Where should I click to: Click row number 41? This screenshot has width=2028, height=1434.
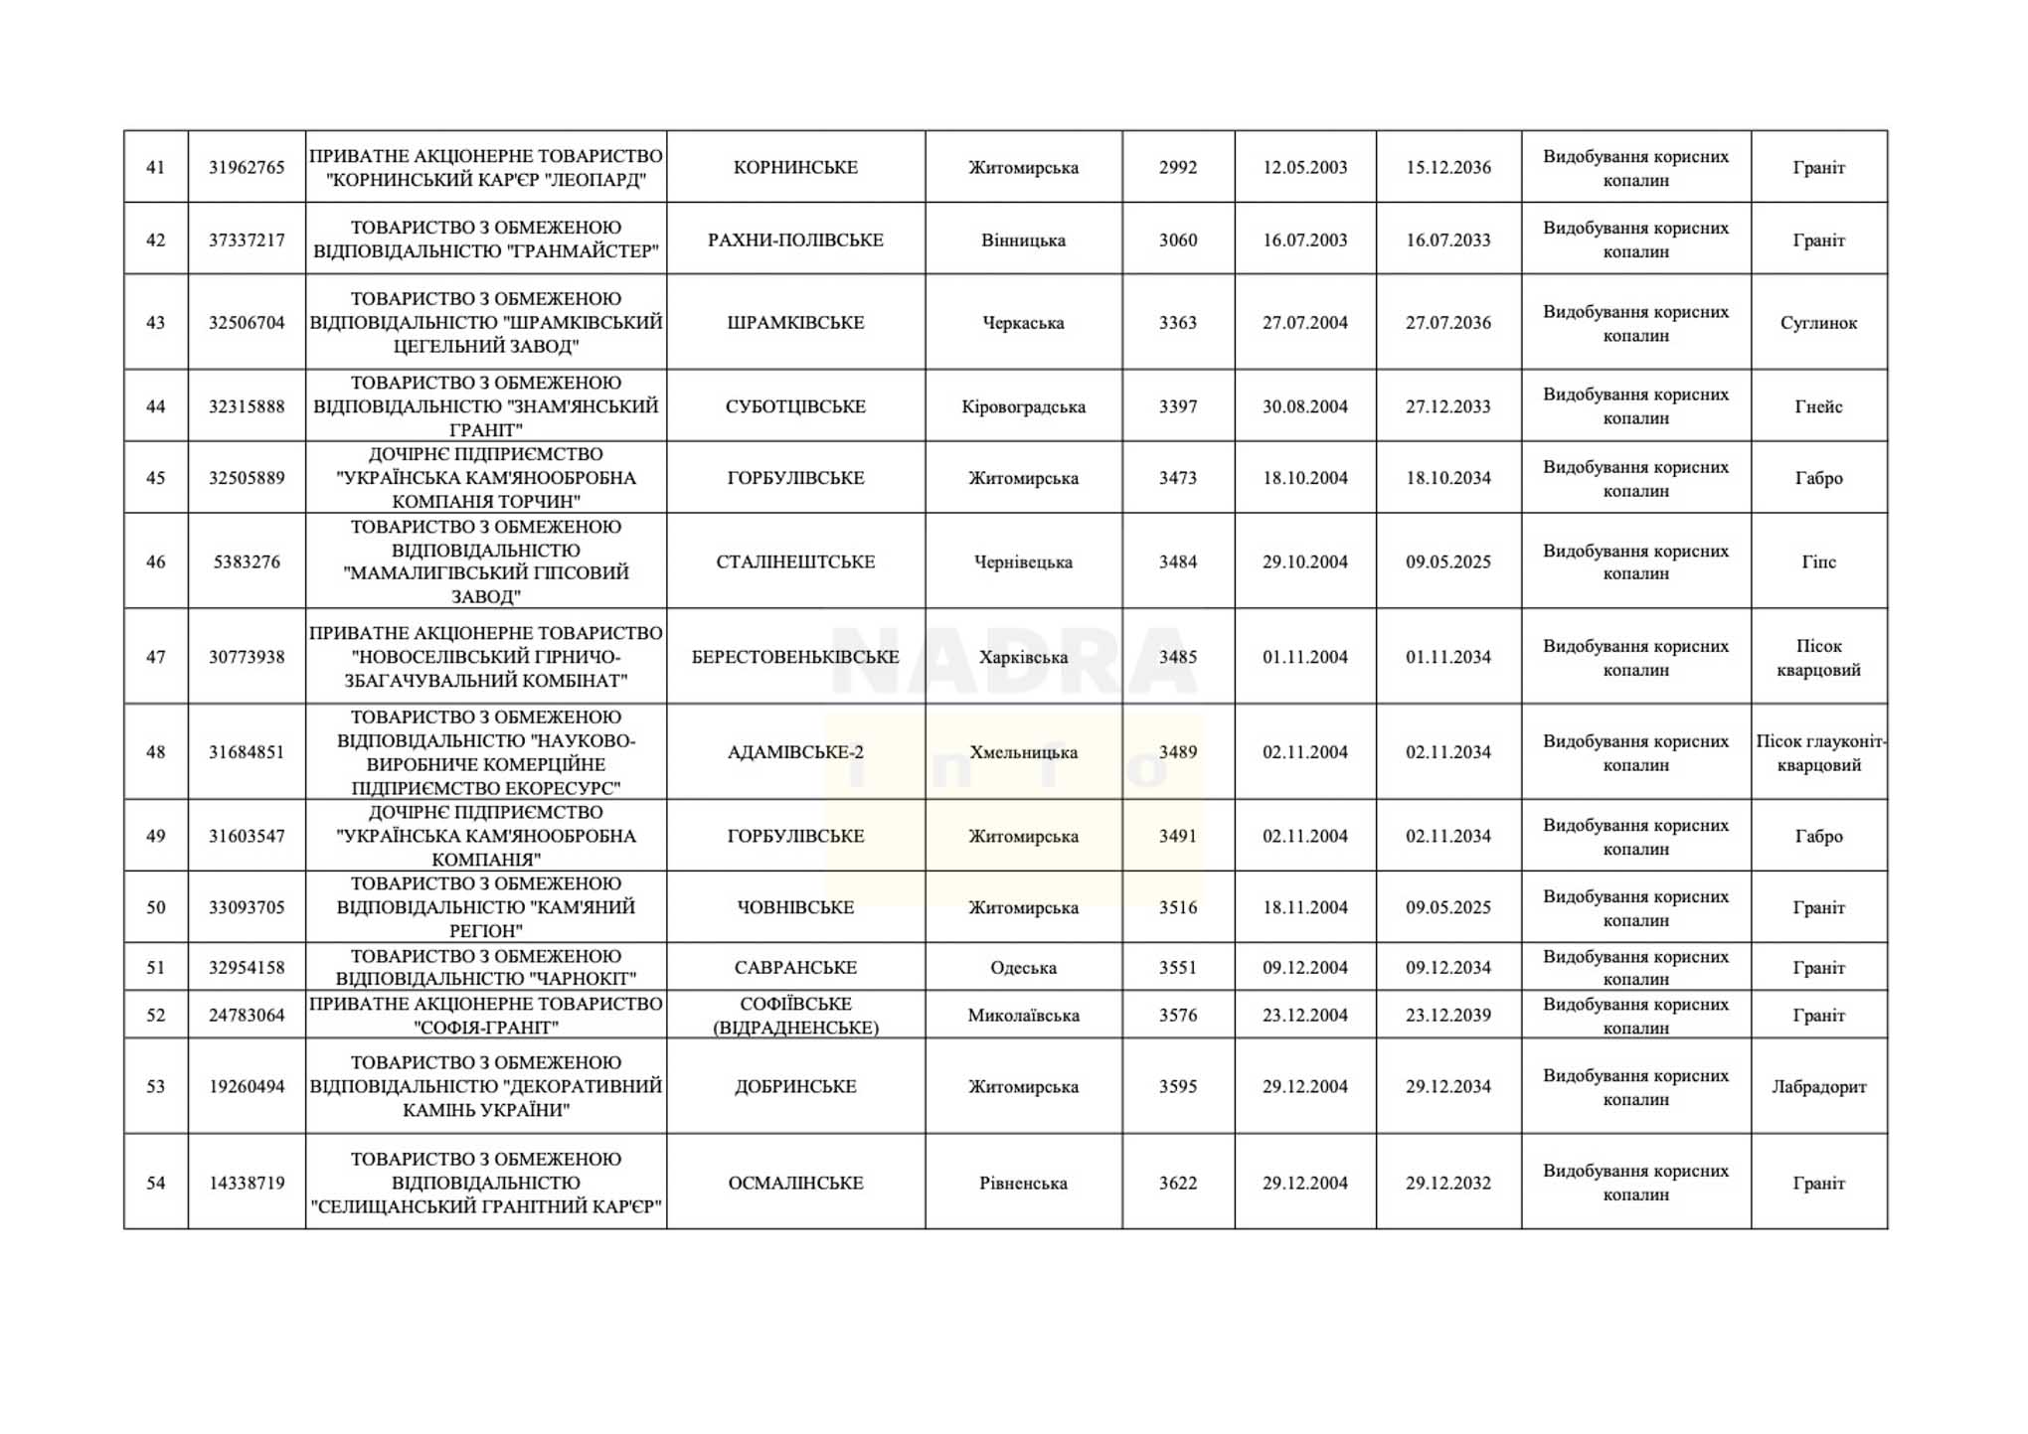155,167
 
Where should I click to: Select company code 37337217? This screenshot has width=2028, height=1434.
247,239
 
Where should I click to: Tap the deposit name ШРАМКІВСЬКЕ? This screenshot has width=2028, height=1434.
795,322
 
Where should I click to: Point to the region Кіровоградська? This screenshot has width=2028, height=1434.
1023,406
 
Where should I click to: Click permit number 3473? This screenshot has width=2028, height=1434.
1177,478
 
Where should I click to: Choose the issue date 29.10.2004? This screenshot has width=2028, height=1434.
1304,561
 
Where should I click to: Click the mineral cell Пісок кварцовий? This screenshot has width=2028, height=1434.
1818,657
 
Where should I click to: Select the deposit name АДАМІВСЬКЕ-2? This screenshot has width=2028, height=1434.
795,752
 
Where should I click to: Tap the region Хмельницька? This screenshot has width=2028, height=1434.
1023,752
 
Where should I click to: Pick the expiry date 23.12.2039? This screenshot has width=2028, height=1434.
1447,1015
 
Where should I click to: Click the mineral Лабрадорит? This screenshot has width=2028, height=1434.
1818,1086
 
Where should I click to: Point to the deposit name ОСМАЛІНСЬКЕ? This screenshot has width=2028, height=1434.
795,1183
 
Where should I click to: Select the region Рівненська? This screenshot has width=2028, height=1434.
1023,1183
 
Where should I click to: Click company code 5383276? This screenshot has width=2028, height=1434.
247,561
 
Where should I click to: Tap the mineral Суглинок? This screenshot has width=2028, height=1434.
1818,322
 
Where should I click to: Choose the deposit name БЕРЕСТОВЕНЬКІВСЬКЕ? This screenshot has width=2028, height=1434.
795,657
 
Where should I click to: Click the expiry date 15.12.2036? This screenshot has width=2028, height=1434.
1447,167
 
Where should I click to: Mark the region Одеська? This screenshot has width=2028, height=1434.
1023,967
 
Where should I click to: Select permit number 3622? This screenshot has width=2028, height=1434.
1177,1183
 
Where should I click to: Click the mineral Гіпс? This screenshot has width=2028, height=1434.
1818,561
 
